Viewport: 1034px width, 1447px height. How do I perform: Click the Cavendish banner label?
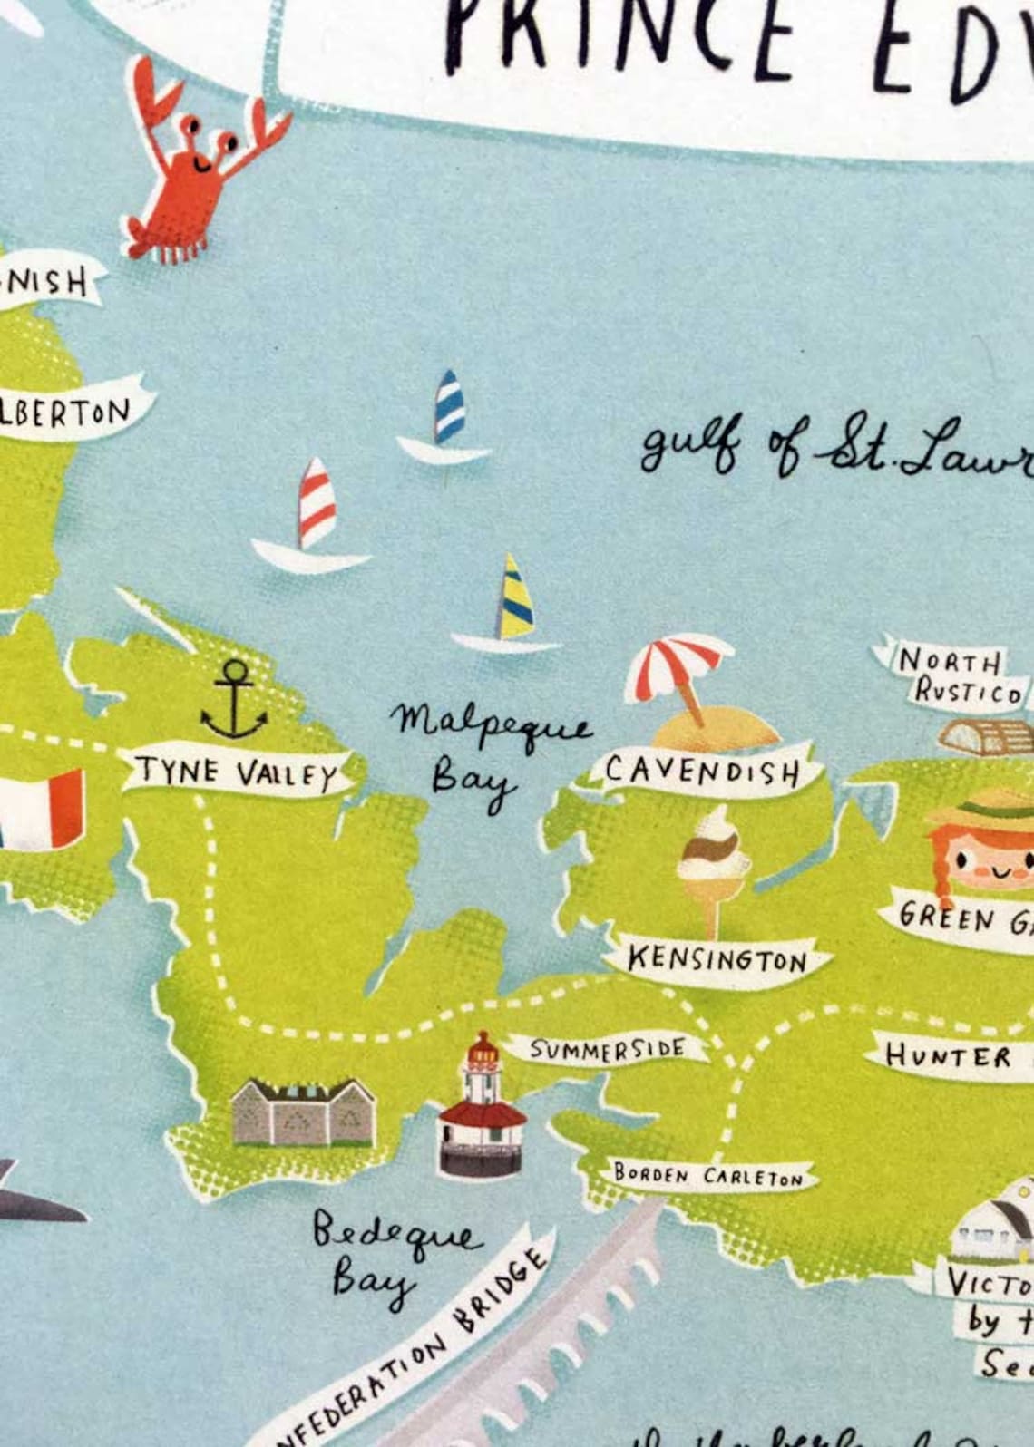pyautogui.click(x=702, y=771)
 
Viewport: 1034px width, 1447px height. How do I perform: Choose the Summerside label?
pyautogui.click(x=608, y=1049)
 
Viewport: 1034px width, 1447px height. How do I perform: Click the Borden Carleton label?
pyautogui.click(x=707, y=1176)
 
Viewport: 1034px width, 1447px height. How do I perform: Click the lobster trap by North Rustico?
pyautogui.click(x=984, y=737)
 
